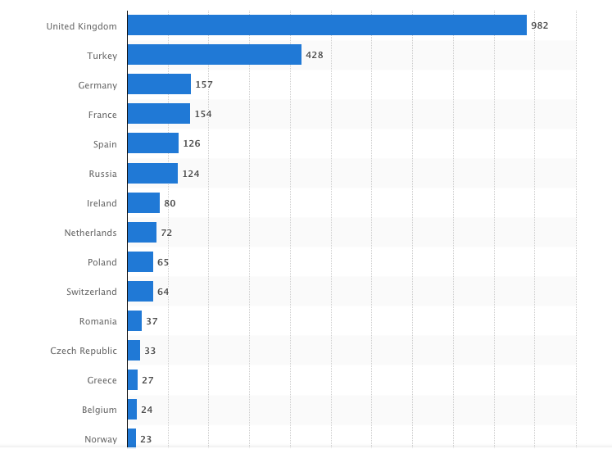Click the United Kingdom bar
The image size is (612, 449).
pos(327,25)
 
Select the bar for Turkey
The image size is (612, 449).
pos(215,55)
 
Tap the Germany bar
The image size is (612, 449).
pos(159,84)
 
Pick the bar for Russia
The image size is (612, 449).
pos(152,173)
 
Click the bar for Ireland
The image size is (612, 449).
pos(143,202)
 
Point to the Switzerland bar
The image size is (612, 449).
pos(140,291)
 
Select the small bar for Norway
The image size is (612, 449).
pos(132,438)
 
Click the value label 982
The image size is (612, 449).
pos(539,25)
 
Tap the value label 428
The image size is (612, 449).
pos(315,55)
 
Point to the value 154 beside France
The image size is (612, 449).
pos(203,114)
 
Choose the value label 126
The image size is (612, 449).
pos(192,143)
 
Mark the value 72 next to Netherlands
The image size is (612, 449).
pos(166,233)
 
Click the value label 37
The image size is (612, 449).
pos(152,321)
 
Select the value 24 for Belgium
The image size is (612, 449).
pos(147,410)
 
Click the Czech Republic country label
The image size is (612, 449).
pos(84,351)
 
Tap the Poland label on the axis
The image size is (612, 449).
pos(102,262)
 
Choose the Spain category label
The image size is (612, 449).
pos(105,144)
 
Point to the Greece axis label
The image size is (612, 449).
pos(102,380)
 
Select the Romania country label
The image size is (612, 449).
pos(98,321)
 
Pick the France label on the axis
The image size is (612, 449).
pos(102,115)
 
